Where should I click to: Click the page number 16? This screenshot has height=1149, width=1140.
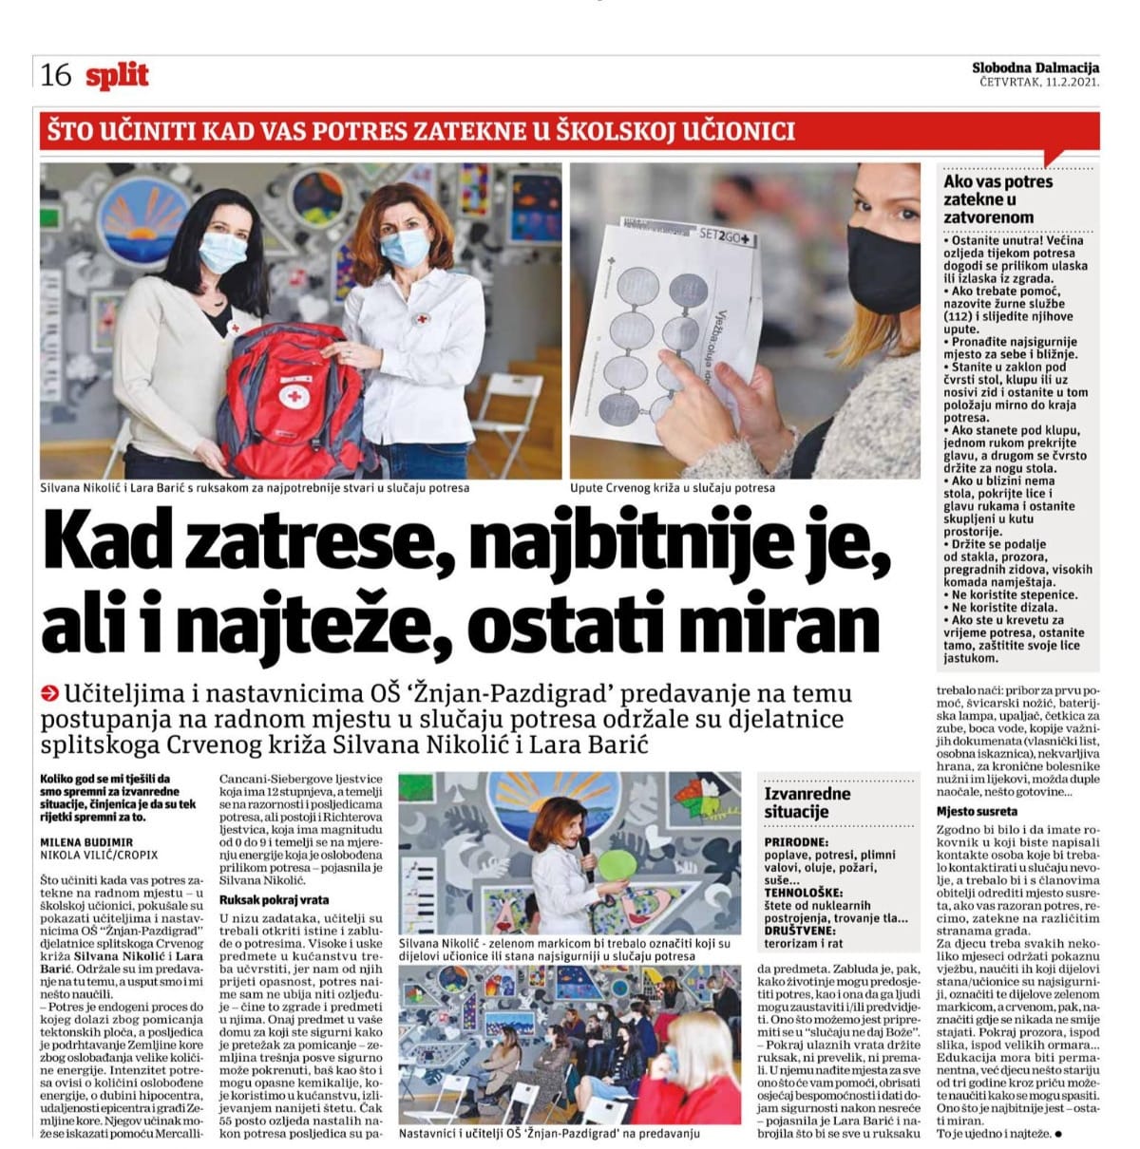(x=57, y=75)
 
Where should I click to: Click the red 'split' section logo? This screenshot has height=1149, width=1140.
(x=117, y=75)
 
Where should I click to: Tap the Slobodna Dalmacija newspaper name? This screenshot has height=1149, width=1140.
(x=1035, y=67)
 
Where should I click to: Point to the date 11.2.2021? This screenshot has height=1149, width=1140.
(x=1072, y=83)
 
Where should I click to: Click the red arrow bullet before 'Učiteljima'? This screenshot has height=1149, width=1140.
(x=51, y=692)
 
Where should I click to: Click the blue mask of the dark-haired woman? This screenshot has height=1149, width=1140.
(x=221, y=254)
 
